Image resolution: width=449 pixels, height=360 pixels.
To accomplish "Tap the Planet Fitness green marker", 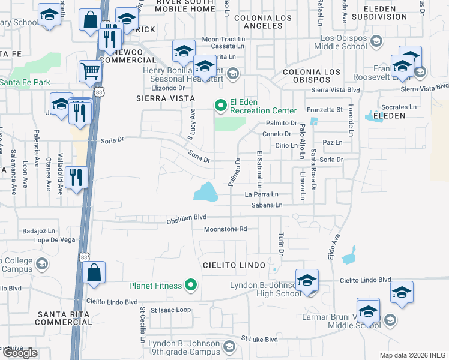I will click(x=191, y=285).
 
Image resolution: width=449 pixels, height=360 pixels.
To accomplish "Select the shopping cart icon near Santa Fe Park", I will click(x=90, y=71).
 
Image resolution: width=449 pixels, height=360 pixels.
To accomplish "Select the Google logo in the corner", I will click(x=20, y=353).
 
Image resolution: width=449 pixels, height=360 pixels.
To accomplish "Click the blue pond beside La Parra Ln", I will click(x=206, y=192).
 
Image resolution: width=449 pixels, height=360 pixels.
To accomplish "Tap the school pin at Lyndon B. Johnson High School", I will click(x=307, y=280).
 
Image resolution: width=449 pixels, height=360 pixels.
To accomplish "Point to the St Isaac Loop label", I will click(x=170, y=310).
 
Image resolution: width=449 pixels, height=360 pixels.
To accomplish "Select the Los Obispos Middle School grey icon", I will click(x=376, y=41).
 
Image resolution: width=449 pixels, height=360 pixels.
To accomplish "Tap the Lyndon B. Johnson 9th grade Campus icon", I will click(x=229, y=346).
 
